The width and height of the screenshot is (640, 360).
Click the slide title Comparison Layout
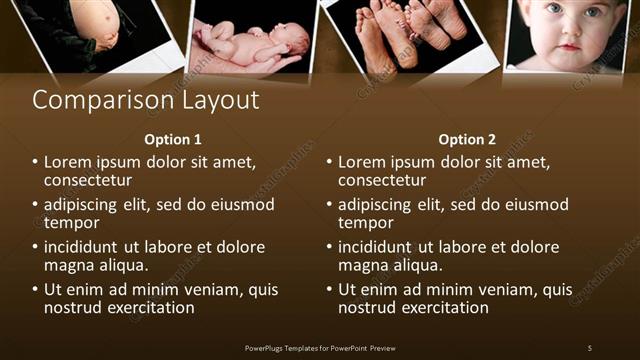(146, 100)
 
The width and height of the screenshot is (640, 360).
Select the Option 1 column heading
(173, 140)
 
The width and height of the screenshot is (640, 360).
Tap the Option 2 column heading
(467, 140)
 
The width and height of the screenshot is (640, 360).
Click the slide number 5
(589, 347)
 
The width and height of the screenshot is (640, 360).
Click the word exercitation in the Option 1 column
(148, 309)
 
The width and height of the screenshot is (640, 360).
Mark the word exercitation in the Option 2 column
(442, 309)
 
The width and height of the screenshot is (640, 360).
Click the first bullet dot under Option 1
(35, 162)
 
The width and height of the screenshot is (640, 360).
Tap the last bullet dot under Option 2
(329, 291)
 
